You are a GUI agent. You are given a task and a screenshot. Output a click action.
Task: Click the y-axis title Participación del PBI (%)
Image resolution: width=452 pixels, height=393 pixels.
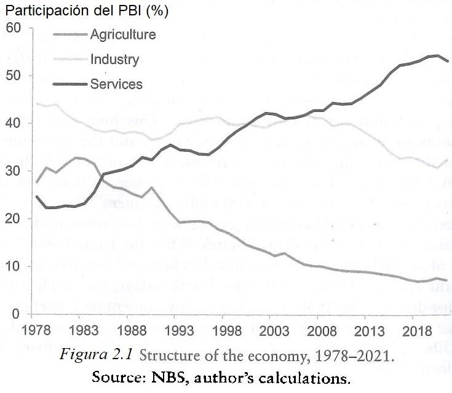[x=87, y=11]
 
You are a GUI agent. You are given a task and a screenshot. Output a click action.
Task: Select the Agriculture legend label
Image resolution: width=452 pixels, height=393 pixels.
[x=122, y=34]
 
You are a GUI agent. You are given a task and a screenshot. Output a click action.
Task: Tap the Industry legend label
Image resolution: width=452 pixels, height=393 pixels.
[x=114, y=60]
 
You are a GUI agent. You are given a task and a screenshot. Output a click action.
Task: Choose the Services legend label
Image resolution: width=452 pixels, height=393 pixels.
[x=116, y=85]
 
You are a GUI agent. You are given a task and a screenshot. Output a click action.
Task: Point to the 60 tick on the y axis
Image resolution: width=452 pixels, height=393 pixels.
[x=14, y=28]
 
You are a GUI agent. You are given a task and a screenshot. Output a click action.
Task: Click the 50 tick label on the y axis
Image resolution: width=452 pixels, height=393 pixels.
[x=14, y=76]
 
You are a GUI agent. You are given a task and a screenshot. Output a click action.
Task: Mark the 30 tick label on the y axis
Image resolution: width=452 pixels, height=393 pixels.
[x=14, y=171]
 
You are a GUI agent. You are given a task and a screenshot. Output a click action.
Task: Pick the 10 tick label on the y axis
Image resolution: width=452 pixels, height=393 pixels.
[x=14, y=266]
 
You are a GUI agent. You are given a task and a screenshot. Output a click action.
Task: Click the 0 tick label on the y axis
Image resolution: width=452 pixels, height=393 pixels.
[x=17, y=314]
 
